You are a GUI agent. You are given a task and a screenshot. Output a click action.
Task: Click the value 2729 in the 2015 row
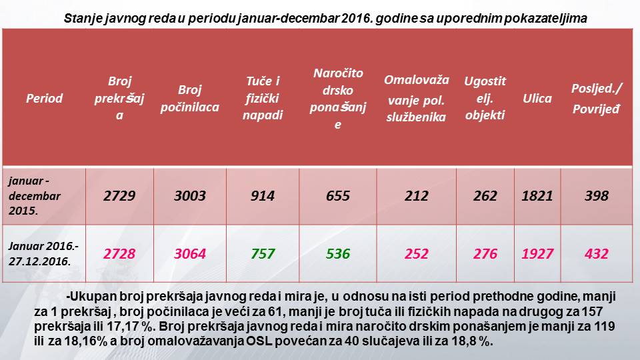(120, 196)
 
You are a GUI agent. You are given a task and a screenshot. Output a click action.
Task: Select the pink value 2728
(120, 254)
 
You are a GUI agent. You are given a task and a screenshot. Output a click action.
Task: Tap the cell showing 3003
(190, 196)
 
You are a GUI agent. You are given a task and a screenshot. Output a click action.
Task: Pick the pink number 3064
(190, 254)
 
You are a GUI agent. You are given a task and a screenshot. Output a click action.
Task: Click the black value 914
(263, 196)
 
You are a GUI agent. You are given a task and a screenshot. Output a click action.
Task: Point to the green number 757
(263, 254)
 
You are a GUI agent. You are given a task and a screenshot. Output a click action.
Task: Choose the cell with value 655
(337, 196)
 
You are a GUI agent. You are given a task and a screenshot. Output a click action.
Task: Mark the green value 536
(337, 254)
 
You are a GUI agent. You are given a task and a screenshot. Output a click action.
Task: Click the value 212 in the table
(416, 196)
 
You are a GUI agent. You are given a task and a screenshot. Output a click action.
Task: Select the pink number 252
(416, 254)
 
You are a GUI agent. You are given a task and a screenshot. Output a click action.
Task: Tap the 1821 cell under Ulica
(537, 196)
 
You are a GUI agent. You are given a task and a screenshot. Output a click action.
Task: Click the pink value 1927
(537, 254)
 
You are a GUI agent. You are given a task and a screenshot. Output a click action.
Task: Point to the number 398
(596, 196)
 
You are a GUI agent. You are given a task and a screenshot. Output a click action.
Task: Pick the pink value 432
(596, 254)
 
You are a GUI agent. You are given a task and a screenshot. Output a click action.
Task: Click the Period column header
(44, 99)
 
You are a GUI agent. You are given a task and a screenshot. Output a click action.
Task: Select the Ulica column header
(537, 99)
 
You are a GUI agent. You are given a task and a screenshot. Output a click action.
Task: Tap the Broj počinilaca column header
(190, 98)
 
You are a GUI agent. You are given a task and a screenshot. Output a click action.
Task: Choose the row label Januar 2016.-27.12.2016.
(39, 254)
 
